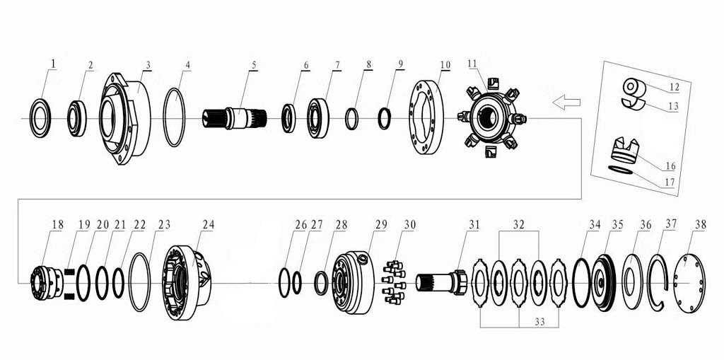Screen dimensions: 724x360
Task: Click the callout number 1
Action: (53, 64)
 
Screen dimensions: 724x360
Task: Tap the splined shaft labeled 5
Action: (235, 119)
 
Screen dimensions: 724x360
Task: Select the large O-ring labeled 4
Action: (175, 117)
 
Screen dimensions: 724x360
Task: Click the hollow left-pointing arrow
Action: (566, 102)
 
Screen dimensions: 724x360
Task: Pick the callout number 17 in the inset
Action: (668, 182)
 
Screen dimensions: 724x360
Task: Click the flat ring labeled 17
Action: (621, 170)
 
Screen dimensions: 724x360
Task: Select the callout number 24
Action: (209, 225)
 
